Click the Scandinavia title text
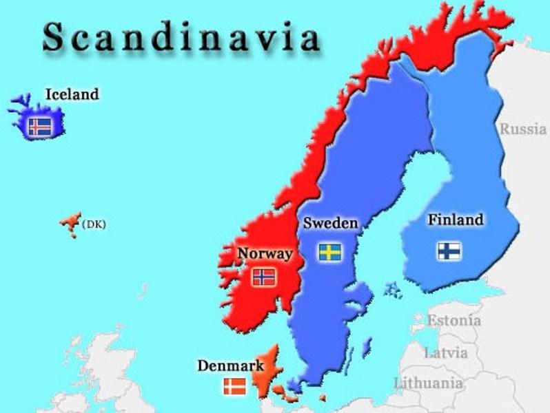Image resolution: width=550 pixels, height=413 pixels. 181,38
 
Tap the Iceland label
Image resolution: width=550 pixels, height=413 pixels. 72,94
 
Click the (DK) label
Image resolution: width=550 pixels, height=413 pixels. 94,224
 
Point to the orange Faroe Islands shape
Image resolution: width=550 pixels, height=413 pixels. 70,224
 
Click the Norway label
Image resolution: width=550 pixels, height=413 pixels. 265,253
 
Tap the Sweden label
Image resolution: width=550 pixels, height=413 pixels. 330,223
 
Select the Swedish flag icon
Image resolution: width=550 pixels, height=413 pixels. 330,251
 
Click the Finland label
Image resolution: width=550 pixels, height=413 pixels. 455,220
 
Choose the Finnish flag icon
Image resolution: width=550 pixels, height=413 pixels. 449,250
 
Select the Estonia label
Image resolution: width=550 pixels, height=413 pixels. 454,320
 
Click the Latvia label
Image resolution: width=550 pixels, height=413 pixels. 445,353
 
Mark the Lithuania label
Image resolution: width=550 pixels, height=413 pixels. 428,383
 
